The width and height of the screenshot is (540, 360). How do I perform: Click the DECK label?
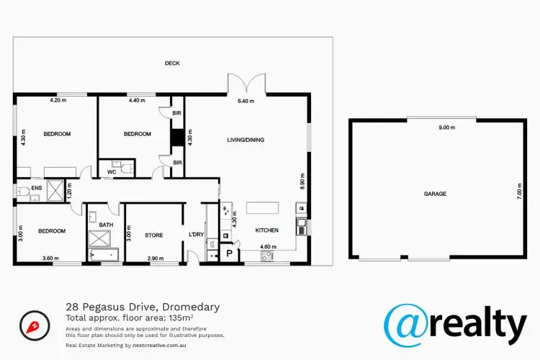point(171,63)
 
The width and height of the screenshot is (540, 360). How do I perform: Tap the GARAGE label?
point(434,194)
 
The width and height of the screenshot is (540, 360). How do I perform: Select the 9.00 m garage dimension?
point(447,127)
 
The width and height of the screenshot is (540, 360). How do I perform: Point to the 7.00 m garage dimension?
point(518,194)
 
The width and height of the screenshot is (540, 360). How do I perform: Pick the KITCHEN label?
point(266,230)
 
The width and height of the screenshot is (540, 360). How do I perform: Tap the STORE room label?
point(154,235)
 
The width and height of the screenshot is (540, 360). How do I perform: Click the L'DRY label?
point(196,235)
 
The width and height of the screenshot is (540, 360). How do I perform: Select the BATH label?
point(106,225)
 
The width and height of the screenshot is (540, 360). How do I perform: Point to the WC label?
point(112,171)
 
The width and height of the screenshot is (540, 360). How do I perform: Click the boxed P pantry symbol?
point(229,253)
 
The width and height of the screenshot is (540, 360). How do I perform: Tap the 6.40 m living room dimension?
point(247,102)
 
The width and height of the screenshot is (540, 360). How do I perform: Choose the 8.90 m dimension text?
point(302,179)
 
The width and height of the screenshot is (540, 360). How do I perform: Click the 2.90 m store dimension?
point(155,258)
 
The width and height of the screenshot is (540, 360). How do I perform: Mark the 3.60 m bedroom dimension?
point(51,258)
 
